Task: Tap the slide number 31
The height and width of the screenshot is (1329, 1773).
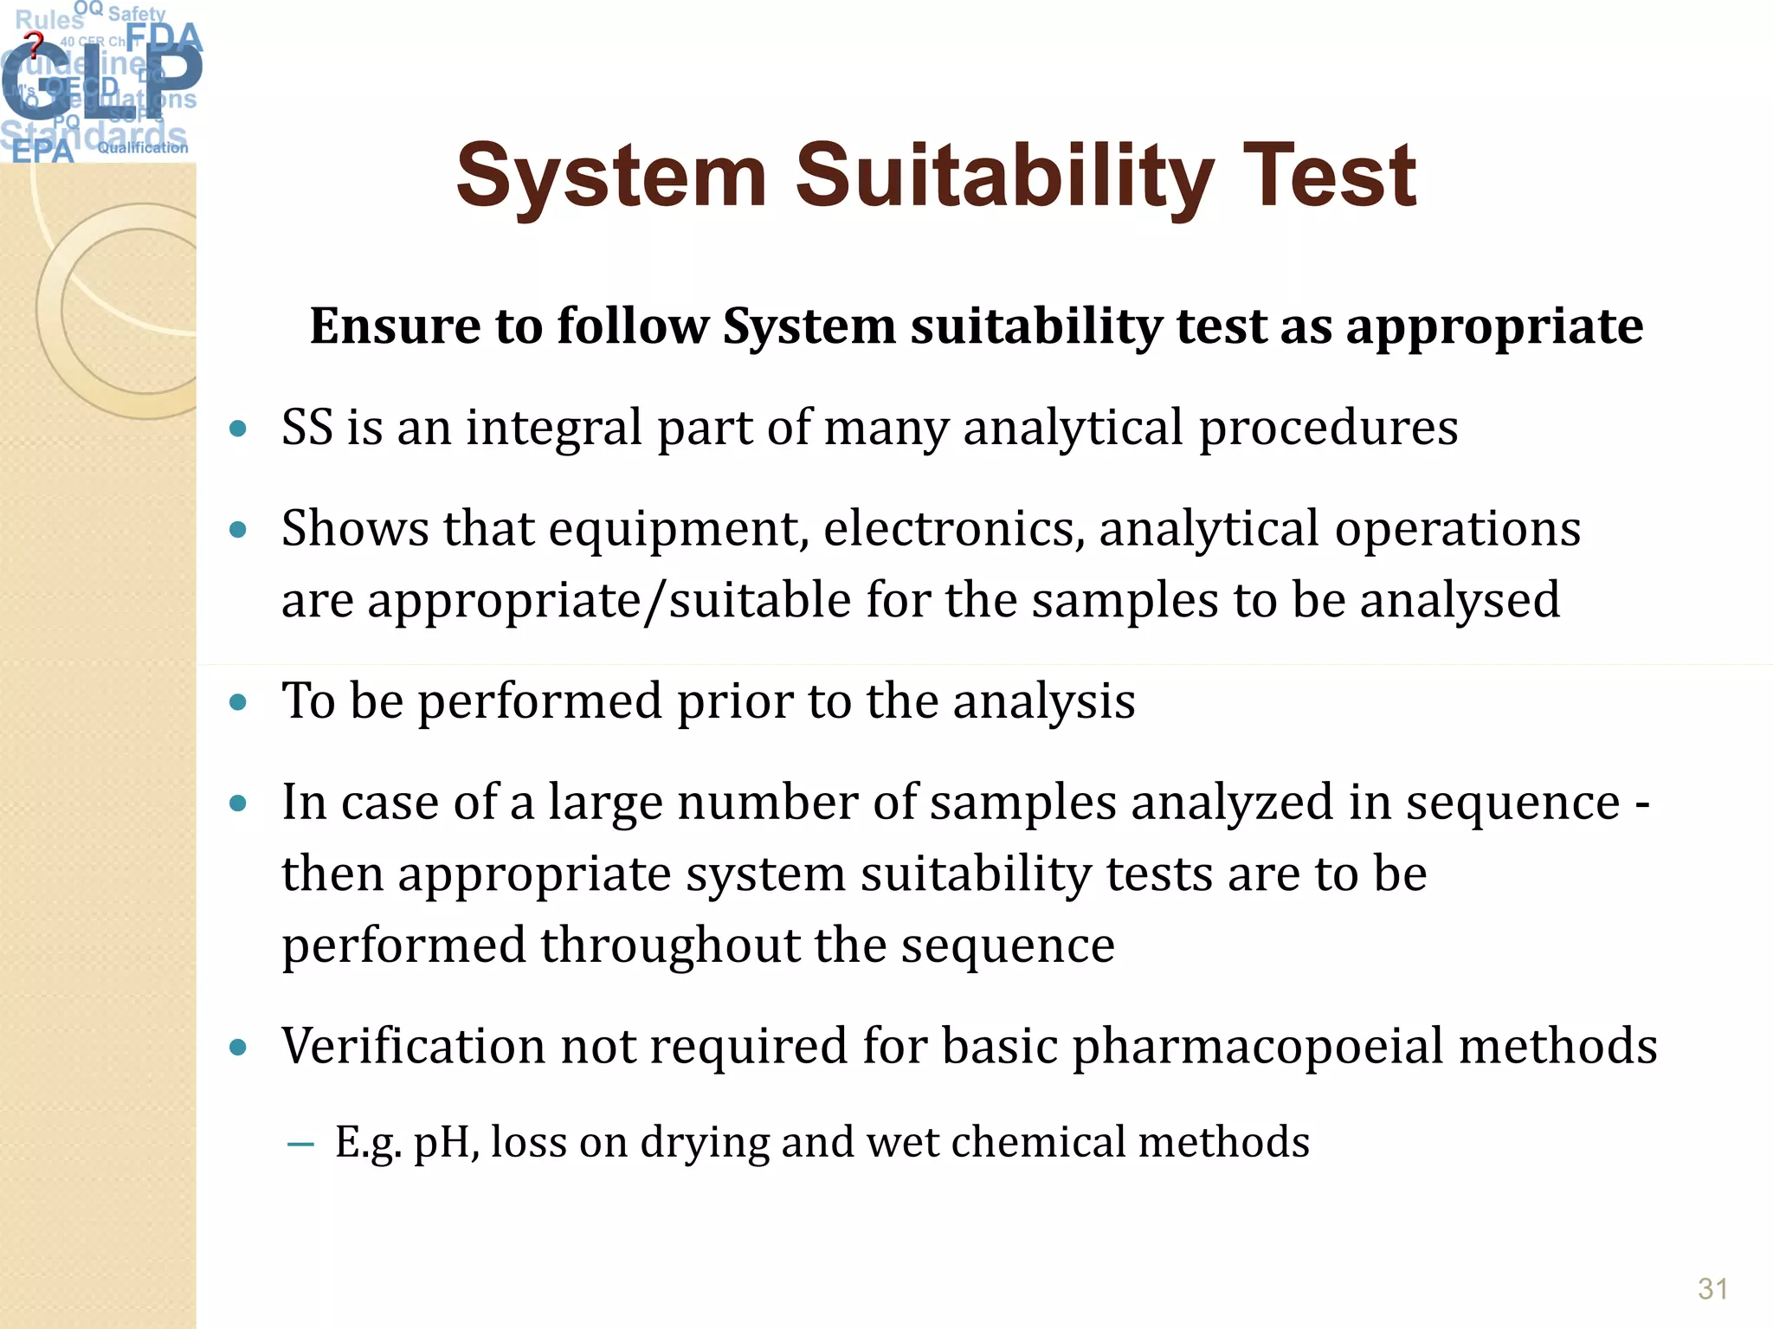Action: [1712, 1289]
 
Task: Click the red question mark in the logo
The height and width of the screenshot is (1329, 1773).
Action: [34, 44]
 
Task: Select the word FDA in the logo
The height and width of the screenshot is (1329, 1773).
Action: [164, 37]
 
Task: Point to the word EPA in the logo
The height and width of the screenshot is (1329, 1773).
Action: [42, 151]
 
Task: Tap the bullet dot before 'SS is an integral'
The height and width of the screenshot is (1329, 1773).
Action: [238, 428]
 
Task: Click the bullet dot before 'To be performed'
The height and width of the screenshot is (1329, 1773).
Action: [238, 701]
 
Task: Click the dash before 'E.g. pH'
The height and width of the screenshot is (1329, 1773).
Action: [300, 1145]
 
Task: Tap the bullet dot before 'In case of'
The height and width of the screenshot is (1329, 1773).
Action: [238, 803]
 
